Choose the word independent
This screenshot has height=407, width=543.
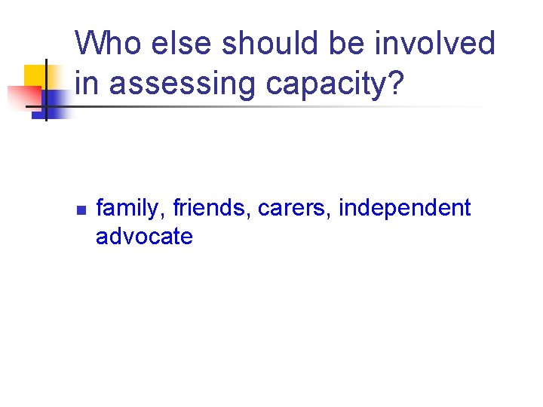click(404, 209)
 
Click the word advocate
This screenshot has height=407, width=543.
click(144, 236)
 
